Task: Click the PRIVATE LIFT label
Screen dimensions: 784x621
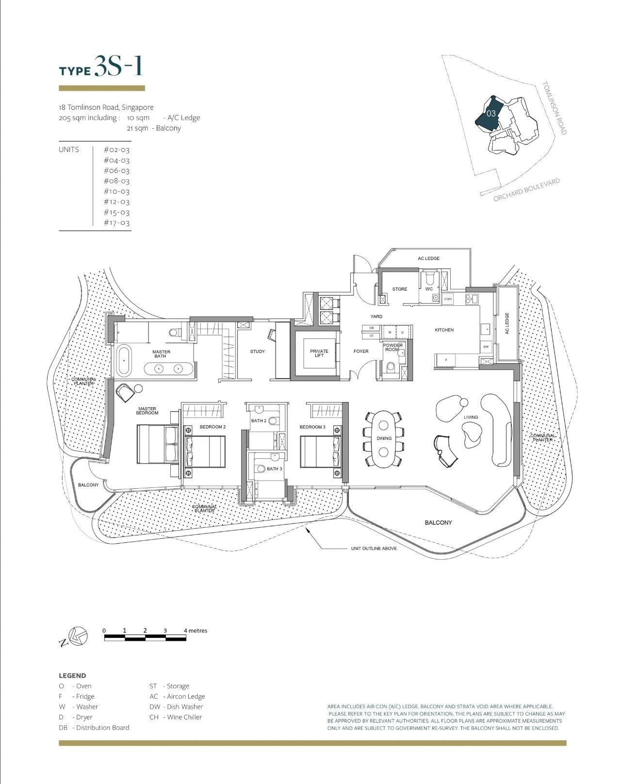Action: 319,353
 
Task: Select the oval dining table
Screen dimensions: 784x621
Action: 384,439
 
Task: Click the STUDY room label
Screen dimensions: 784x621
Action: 257,351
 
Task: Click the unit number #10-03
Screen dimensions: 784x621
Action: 116,191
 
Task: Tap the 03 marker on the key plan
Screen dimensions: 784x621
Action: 490,114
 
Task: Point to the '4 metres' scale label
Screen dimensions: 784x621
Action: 196,631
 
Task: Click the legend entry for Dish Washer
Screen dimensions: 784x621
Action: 176,707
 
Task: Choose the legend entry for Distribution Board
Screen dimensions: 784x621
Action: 94,728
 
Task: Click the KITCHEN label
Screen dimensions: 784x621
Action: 444,330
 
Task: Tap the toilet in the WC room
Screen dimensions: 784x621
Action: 429,279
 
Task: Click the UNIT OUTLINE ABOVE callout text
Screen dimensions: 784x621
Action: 374,549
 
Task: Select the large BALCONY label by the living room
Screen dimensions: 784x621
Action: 438,523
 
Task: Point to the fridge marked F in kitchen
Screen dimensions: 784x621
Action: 446,360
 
